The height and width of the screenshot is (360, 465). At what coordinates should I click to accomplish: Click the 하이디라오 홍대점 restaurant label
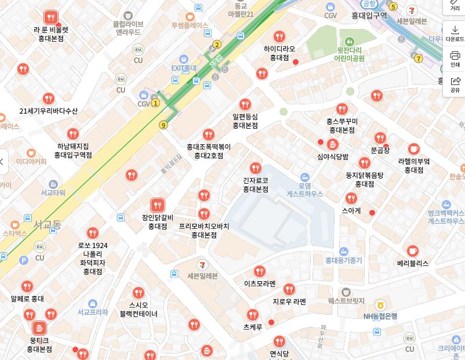[279, 53]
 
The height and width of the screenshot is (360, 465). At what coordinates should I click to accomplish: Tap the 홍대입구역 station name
[369, 16]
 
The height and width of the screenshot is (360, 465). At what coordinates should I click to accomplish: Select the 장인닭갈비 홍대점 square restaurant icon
[157, 205]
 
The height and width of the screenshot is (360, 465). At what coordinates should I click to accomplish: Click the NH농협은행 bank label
[380, 316]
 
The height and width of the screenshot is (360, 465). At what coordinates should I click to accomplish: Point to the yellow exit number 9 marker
[164, 125]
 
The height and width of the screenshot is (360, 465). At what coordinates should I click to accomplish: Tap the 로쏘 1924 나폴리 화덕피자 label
[92, 258]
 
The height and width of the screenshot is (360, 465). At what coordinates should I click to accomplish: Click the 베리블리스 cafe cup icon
[412, 250]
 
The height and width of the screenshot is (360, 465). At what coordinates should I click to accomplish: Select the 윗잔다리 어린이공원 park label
[349, 54]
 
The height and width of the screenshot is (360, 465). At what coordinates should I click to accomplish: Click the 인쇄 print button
[455, 59]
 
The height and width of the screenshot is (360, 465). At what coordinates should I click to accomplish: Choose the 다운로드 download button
[455, 33]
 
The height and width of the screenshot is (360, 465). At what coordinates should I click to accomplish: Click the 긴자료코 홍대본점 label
[255, 185]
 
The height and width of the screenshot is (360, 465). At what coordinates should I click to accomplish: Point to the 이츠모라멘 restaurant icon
[259, 271]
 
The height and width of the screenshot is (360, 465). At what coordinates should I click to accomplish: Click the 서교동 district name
[47, 224]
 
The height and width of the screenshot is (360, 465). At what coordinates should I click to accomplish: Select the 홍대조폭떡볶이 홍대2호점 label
[209, 151]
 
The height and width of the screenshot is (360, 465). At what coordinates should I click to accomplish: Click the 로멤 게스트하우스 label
[304, 190]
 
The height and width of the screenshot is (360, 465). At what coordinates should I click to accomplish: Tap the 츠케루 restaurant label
[253, 327]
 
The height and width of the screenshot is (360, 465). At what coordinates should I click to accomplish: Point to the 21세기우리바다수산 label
[48, 111]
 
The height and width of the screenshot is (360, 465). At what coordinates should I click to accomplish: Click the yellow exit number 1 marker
[155, 103]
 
